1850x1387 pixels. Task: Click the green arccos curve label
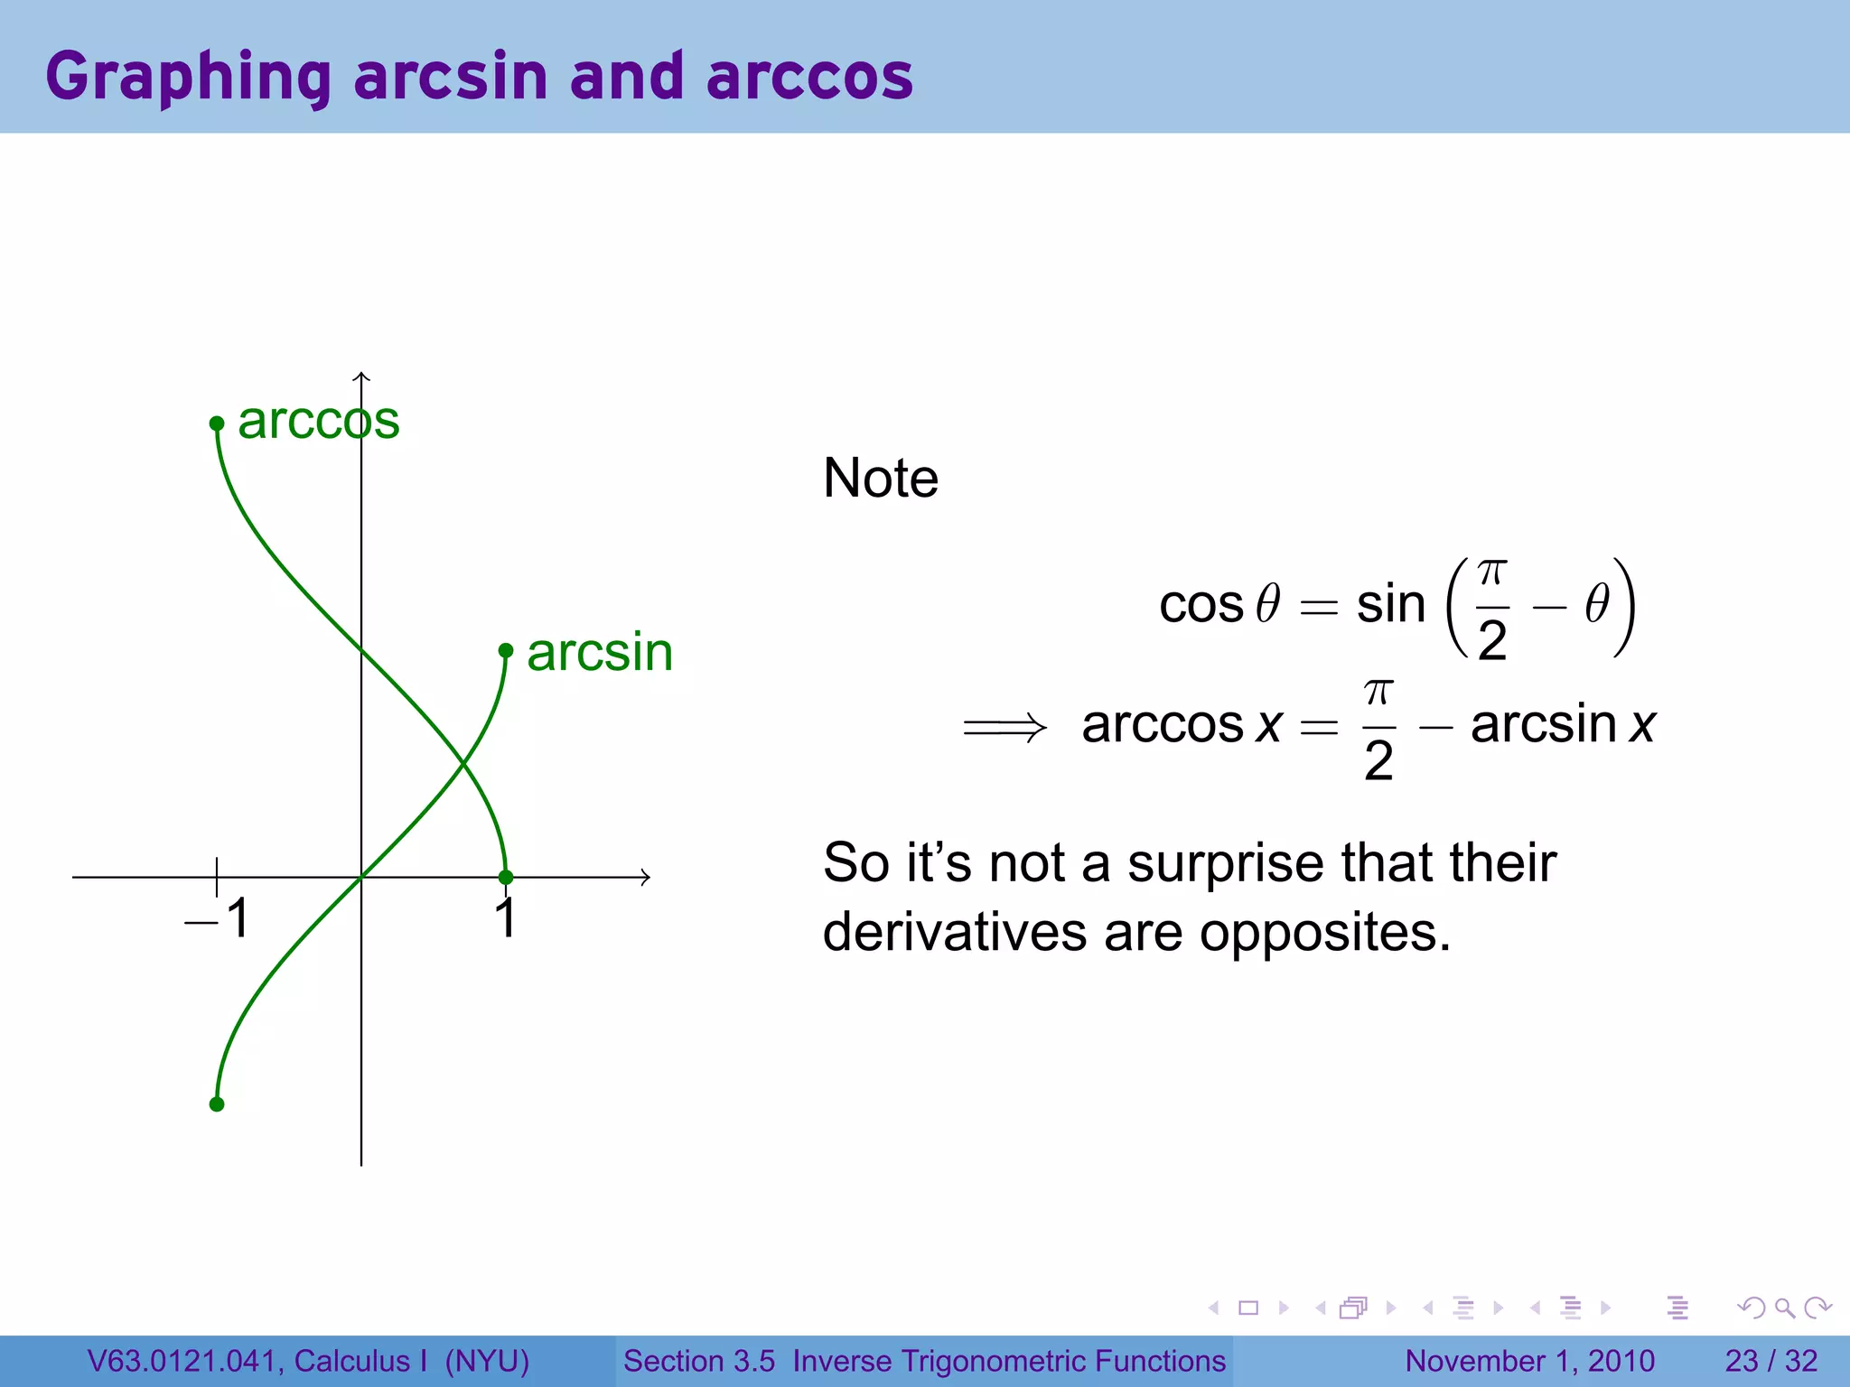click(318, 421)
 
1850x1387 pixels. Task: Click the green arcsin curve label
click(600, 652)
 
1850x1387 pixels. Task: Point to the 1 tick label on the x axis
click(506, 919)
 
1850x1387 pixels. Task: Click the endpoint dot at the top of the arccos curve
click(217, 423)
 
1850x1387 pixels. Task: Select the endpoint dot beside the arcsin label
click(506, 650)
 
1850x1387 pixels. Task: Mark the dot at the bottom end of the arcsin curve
click(217, 1103)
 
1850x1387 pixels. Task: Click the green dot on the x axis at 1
click(506, 877)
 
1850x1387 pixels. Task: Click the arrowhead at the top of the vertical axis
click(361, 377)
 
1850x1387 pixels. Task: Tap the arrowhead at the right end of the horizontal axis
click(645, 877)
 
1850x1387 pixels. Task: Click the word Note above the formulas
click(881, 478)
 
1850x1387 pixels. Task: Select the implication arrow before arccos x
click(1004, 727)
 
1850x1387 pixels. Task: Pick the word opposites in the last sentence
click(1324, 932)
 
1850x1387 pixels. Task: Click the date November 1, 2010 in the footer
click(1529, 1361)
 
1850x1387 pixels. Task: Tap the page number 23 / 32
click(1771, 1361)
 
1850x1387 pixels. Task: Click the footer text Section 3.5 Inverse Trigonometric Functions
click(924, 1361)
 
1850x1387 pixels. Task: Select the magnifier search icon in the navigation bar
click(1784, 1308)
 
